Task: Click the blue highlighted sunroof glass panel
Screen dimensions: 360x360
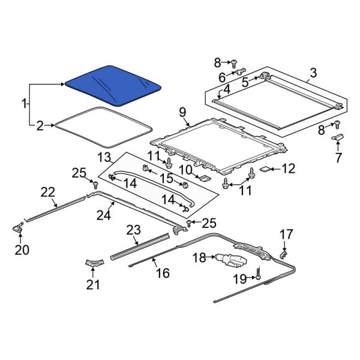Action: (113, 84)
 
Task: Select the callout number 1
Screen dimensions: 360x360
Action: (25, 104)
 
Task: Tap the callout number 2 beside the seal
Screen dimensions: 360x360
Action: (40, 126)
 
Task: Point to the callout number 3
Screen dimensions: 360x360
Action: (312, 74)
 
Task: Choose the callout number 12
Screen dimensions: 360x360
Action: (289, 170)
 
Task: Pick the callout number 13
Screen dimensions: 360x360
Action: (104, 157)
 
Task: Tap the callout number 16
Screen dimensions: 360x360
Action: (163, 273)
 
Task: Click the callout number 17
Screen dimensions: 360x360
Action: (286, 233)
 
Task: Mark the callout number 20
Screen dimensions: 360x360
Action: (22, 250)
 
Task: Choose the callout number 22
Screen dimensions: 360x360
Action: (47, 192)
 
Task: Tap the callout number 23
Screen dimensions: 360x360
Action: (133, 229)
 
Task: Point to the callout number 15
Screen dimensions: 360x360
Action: (165, 178)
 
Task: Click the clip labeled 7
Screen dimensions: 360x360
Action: (338, 139)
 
